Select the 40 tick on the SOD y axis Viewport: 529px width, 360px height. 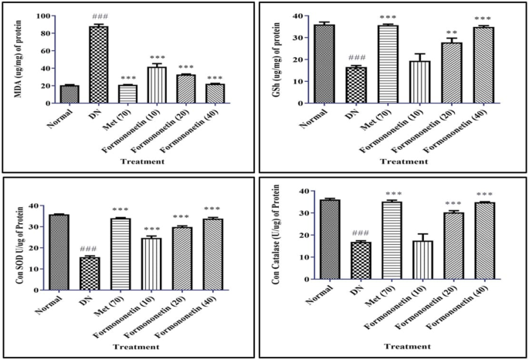tap(39, 205)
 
